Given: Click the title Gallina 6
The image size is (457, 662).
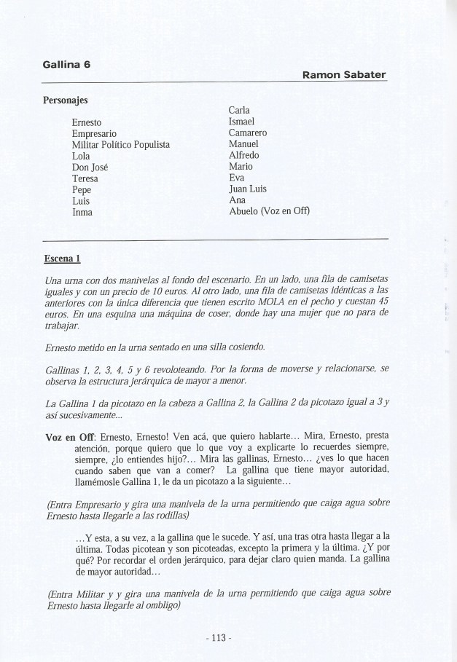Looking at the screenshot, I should coord(66,64).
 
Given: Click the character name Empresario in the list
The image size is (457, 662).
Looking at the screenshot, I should coord(95,133).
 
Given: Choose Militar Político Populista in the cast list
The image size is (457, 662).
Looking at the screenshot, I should coord(120,145).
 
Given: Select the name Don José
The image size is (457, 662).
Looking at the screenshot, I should coord(90,168).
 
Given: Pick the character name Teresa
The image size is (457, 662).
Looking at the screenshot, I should coord(85,178).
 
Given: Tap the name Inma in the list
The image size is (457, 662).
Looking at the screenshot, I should coord(82,213).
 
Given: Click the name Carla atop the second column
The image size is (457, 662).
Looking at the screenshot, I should coord(241,110).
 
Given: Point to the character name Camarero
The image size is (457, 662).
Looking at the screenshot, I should coord(248,133).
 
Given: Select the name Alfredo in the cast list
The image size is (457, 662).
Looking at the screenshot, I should coord(243,155).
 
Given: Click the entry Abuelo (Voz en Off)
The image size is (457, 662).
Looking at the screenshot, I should coord(269,212).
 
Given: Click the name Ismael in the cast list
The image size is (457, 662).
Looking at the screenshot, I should coord(241,122).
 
